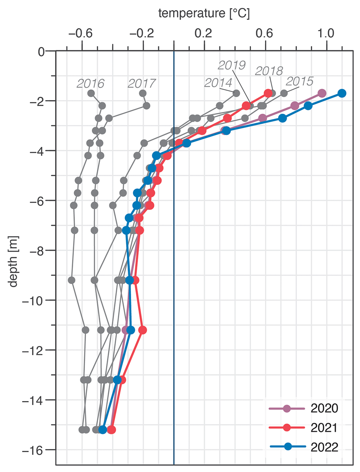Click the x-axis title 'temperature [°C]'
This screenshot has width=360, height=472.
[204, 13]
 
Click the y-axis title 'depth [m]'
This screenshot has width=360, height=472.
[13, 262]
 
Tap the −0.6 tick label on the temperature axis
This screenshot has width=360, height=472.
[81, 33]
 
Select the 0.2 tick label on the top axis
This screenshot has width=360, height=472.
[203, 33]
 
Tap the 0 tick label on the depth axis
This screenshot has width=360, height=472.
[41, 52]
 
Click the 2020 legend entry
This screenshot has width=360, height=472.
[324, 408]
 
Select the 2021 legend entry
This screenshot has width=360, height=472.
[324, 428]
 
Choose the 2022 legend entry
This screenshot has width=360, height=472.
[324, 447]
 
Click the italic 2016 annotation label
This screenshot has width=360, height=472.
[90, 84]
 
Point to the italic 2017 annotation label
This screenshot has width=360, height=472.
[141, 84]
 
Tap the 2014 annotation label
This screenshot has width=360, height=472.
[218, 83]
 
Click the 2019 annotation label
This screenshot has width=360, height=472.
[232, 65]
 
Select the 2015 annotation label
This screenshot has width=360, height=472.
[300, 81]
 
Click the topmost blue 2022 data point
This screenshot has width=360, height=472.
[342, 93]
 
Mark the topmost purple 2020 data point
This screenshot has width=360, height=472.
[322, 93]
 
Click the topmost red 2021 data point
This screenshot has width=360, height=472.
[268, 93]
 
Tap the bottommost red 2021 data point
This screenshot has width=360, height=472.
[111, 429]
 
